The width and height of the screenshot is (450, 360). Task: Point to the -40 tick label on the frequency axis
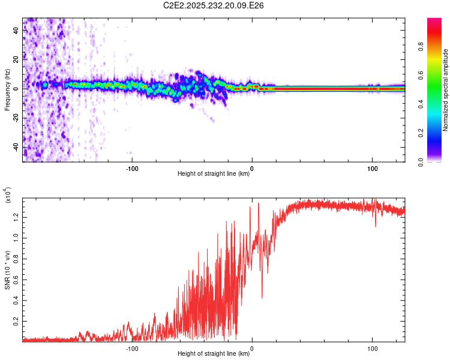coord(15,147)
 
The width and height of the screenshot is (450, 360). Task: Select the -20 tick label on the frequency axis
coord(15,118)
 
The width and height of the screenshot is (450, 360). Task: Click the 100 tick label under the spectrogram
coord(372,168)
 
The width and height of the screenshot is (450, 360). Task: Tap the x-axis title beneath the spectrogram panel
coord(214,174)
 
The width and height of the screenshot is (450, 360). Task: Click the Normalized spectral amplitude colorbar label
coord(446,90)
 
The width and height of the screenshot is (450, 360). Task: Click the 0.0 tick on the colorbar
coord(437,161)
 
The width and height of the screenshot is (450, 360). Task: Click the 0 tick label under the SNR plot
coord(252,347)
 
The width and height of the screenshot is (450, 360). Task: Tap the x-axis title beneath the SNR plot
coord(214,354)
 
